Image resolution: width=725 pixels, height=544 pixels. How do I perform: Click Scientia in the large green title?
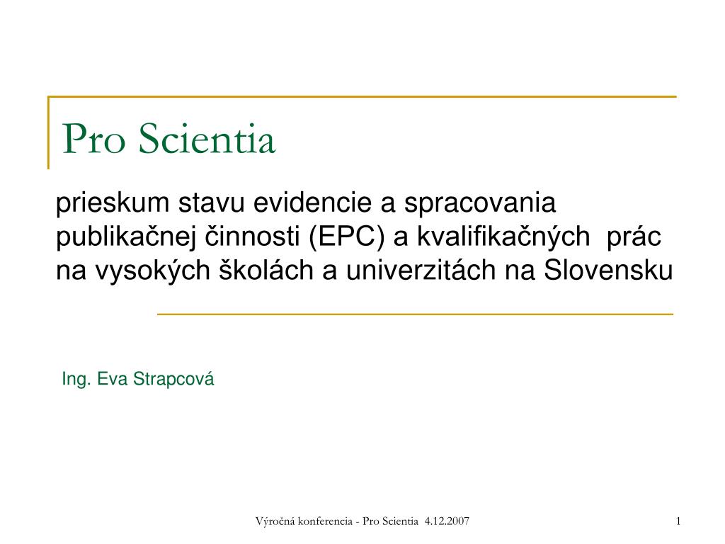coord(206,140)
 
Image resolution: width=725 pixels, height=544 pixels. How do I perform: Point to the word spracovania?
coord(481,205)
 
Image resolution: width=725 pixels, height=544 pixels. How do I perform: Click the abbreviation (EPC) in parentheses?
coord(346,237)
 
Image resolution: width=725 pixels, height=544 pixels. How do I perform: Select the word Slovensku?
coord(607,270)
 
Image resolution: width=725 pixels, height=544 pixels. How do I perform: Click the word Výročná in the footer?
coord(275,522)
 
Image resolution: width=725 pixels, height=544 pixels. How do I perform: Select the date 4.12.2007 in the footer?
coord(447,522)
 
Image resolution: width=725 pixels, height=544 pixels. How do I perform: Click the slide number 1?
coord(678,522)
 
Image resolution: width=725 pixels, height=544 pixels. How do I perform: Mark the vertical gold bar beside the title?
coord(49,133)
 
